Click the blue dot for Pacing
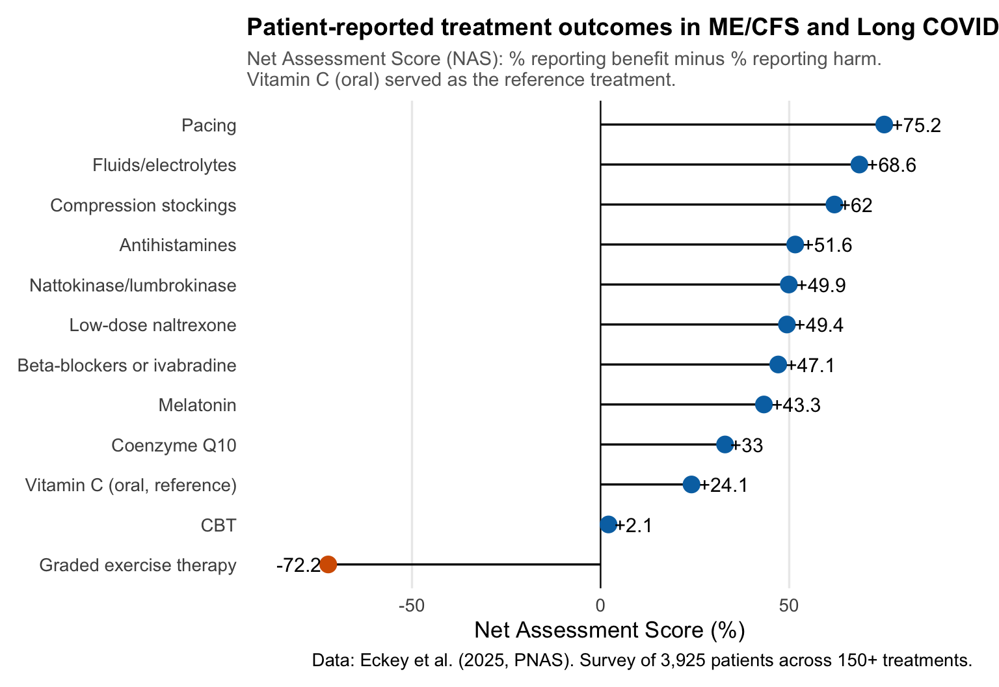(x=884, y=125)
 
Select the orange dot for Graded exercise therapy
(x=328, y=565)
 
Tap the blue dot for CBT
(x=608, y=524)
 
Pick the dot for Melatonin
(x=764, y=405)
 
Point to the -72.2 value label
(x=297, y=565)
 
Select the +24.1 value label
(x=724, y=485)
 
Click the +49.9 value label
(x=821, y=286)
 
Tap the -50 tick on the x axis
(x=411, y=606)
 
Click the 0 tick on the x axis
(x=600, y=606)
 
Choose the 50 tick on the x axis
(x=789, y=606)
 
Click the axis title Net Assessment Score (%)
(x=609, y=630)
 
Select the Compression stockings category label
(x=143, y=206)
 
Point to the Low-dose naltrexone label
(x=153, y=325)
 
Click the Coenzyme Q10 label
(x=174, y=446)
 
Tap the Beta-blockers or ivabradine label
(x=127, y=366)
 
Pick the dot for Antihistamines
(x=795, y=245)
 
